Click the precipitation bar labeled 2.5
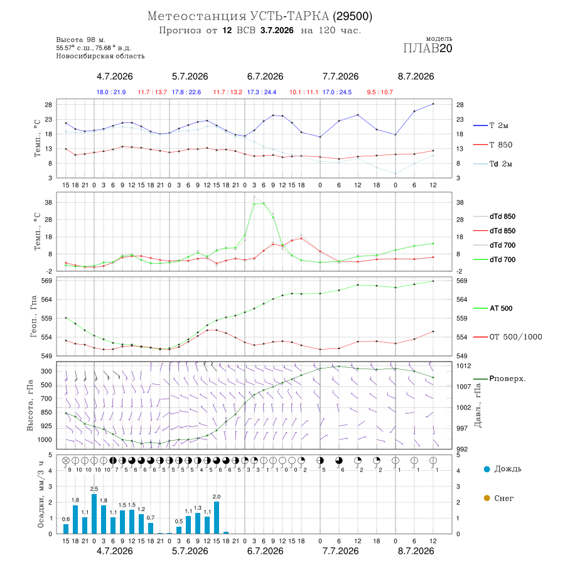pos(94,514)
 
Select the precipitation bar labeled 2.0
pos(217,518)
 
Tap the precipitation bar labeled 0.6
pos(66,529)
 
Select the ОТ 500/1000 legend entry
pos(507,337)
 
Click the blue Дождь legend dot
pos(487,469)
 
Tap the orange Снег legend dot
pos(487,498)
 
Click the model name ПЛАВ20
pos(428,48)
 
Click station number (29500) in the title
pos(352,16)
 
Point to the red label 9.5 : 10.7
pos(380,92)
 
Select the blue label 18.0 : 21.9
pos(111,92)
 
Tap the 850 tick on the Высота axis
pos(46,412)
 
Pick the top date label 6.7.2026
pos(265,77)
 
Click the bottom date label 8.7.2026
pos(416,551)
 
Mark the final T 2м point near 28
pos(433,104)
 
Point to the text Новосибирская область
pos(100,56)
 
